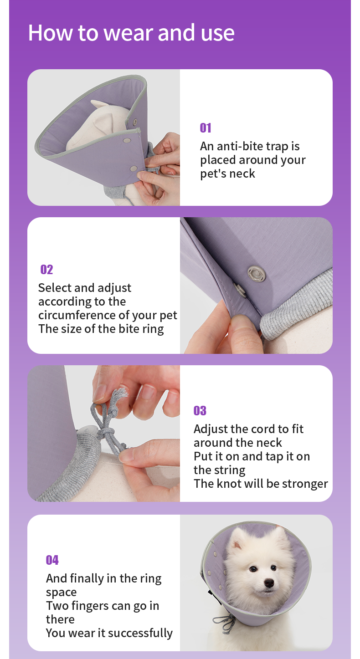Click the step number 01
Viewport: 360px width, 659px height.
pyautogui.click(x=206, y=128)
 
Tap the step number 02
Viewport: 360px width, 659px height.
pyautogui.click(x=46, y=270)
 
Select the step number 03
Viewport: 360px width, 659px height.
pyautogui.click(x=200, y=411)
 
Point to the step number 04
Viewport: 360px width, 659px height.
pyautogui.click(x=52, y=560)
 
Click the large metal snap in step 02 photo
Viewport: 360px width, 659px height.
pyautogui.click(x=256, y=274)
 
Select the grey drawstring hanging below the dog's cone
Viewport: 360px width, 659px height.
pyautogui.click(x=225, y=623)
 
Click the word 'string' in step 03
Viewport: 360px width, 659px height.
pyautogui.click(x=230, y=470)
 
